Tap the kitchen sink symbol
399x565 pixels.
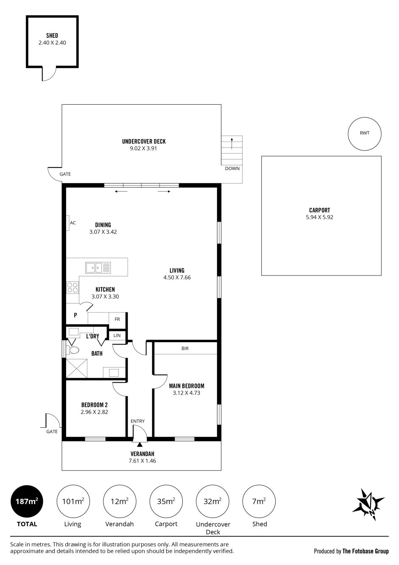pyautogui.click(x=98, y=267)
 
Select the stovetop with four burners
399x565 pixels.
pyautogui.click(x=73, y=287)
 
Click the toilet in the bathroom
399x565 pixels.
pyautogui.click(x=73, y=350)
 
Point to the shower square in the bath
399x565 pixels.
pyautogui.click(x=76, y=368)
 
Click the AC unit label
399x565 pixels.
pyautogui.click(x=73, y=223)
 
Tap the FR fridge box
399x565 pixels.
pyautogui.click(x=117, y=319)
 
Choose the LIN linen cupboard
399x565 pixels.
pyautogui.click(x=117, y=335)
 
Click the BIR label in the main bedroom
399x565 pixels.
pyautogui.click(x=185, y=348)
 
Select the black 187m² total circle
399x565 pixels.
pyautogui.click(x=27, y=501)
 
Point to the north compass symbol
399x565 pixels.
pyautogui.click(x=368, y=504)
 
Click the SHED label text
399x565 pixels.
pyautogui.click(x=52, y=36)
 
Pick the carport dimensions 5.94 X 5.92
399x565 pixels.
pyautogui.click(x=320, y=217)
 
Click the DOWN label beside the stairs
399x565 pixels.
pyautogui.click(x=232, y=169)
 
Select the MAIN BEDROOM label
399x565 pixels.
pyautogui.click(x=187, y=386)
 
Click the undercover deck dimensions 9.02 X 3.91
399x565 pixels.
pyautogui.click(x=143, y=149)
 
